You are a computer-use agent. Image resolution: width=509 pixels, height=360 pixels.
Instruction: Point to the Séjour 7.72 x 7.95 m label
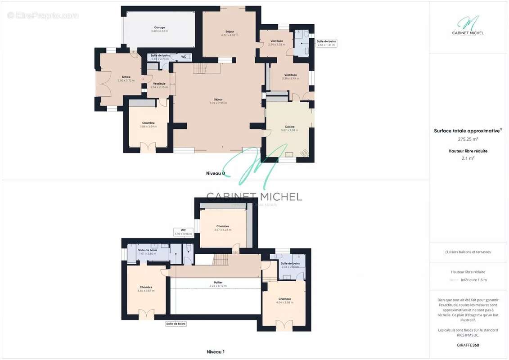coord(218,101)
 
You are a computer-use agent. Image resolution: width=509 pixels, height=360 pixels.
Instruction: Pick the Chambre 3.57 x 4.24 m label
coord(223,228)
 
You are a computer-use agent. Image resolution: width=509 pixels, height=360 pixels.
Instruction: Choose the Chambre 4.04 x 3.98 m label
coord(284,301)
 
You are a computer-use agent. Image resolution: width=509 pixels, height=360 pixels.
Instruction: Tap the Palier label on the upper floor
coord(218,284)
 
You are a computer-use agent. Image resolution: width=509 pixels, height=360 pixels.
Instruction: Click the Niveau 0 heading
coord(215,173)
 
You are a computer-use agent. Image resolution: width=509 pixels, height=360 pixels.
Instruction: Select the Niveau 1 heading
coord(215,351)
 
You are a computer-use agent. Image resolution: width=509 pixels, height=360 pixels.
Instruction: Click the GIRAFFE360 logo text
coord(468,345)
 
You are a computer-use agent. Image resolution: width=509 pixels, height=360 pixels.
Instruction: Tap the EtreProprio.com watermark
coord(43,15)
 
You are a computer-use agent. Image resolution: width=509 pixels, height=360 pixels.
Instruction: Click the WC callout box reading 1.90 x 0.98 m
coord(183,232)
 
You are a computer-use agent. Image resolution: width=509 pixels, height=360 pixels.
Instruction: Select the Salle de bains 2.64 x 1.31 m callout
coord(326,43)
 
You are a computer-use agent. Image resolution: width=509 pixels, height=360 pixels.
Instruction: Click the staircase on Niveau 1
coord(220,259)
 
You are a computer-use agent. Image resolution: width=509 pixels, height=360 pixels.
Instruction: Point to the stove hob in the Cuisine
coord(304,153)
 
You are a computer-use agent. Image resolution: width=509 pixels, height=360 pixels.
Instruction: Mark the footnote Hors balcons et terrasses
coord(468,252)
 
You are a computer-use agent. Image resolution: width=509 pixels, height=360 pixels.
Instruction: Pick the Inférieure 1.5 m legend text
coord(473,280)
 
